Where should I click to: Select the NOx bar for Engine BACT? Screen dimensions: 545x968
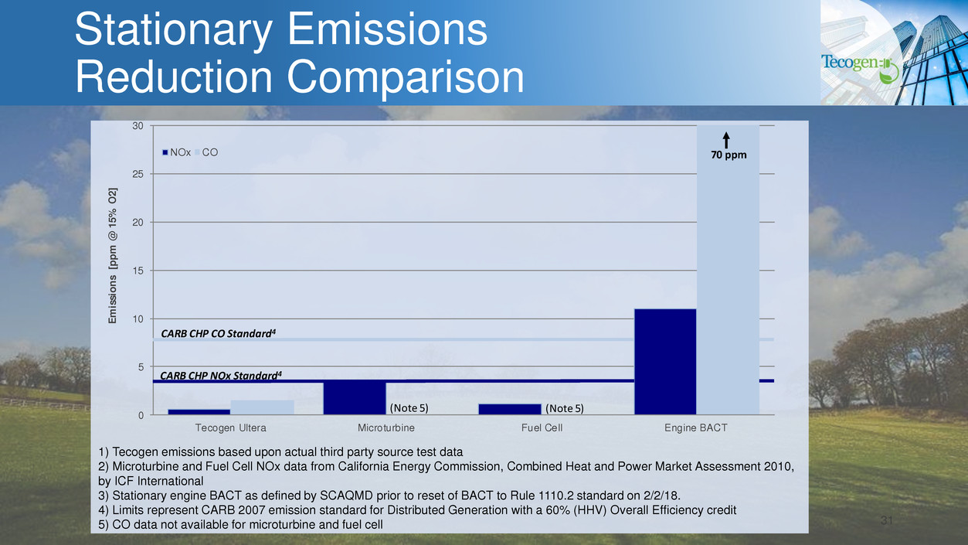[x=665, y=362]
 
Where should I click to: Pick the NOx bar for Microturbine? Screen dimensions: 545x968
[x=355, y=397]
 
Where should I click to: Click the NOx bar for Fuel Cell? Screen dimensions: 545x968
[x=510, y=410]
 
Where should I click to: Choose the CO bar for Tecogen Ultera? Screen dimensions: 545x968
[x=262, y=407]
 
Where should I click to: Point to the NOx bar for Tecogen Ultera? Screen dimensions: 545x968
[x=199, y=412]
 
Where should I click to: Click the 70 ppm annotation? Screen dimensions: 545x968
[x=727, y=155]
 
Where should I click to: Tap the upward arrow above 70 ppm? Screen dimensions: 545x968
[x=727, y=139]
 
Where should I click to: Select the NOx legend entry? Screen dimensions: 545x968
[x=178, y=152]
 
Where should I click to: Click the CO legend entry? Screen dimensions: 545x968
[x=209, y=152]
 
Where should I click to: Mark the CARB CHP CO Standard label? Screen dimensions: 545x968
[x=218, y=333]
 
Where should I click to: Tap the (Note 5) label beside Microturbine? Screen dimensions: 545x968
[x=408, y=407]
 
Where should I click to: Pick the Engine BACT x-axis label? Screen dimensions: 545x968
[x=696, y=427]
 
